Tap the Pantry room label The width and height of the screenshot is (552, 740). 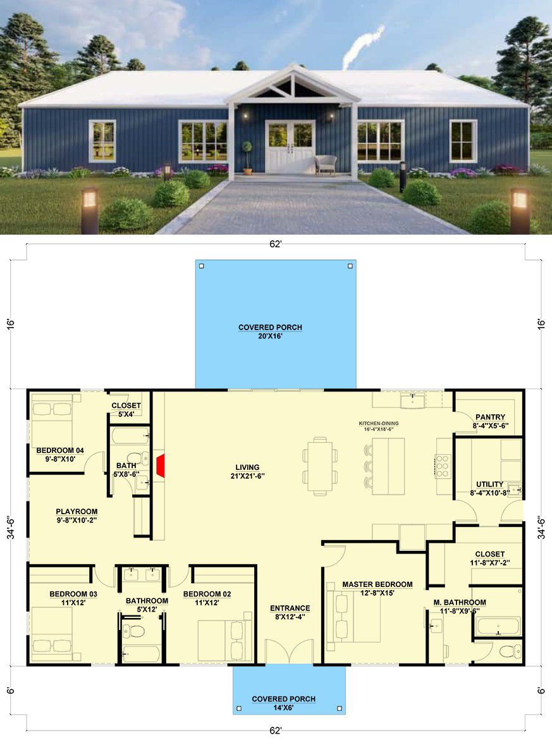[x=490, y=417]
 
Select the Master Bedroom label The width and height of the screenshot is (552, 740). [x=377, y=584]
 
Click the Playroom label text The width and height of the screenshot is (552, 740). [x=77, y=511]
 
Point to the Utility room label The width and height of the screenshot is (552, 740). [x=489, y=484]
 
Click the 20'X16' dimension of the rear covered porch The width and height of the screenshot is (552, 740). [x=270, y=336]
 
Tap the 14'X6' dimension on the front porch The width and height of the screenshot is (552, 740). [x=283, y=708]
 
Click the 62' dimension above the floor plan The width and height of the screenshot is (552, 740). [x=276, y=244]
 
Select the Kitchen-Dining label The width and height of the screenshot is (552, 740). [x=378, y=423]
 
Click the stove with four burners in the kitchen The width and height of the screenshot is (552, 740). [x=443, y=466]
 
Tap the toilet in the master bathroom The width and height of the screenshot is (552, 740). [x=510, y=651]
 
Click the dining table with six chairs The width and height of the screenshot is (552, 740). [x=320, y=466]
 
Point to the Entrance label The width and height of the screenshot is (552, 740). [x=290, y=608]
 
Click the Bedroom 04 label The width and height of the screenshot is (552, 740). [x=60, y=450]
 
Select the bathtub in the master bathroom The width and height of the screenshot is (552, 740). [x=498, y=626]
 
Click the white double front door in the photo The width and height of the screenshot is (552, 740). [x=290, y=146]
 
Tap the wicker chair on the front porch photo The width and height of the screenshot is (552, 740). [x=326, y=164]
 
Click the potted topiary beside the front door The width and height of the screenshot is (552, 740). [x=247, y=157]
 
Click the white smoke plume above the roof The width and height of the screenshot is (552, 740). [x=364, y=46]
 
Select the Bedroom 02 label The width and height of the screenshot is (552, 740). [x=207, y=594]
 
